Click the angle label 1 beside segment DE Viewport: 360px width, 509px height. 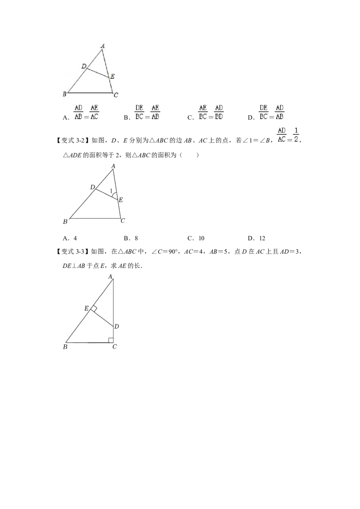coord(111,191)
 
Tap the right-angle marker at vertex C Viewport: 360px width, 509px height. coord(111,339)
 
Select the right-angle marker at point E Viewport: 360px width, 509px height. coord(94,308)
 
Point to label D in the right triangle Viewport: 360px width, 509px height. coord(116,326)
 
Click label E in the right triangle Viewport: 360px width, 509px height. coord(86,308)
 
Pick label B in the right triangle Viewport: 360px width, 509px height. coord(65,347)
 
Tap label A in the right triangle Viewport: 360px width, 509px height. coord(110,277)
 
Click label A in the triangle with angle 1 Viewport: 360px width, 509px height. coord(113,166)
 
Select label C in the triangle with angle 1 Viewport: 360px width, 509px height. coord(122,221)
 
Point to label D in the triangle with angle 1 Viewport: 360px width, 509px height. coord(92,187)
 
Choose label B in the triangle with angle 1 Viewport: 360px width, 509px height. coord(65,221)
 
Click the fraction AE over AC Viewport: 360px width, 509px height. coord(94,112)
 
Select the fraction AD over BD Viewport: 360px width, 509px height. coord(219,112)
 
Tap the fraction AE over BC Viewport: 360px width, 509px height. coord(203,112)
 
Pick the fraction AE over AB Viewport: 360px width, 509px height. coord(155,112)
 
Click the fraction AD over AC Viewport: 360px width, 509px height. coord(282,135)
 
